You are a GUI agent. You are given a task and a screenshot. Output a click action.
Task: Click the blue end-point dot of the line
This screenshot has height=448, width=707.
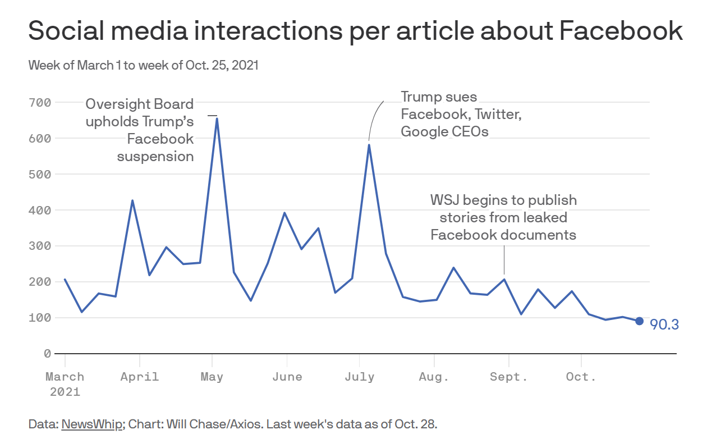click(639, 321)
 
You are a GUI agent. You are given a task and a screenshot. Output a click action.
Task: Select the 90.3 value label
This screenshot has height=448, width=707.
click(664, 324)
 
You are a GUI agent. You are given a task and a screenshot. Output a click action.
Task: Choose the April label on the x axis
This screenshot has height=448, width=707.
click(140, 376)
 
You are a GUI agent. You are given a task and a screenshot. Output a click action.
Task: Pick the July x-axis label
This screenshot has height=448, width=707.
click(360, 376)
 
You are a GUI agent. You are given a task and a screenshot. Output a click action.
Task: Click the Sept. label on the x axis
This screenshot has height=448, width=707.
click(508, 376)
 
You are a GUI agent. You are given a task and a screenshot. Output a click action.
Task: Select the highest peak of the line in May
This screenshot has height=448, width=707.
click(217, 118)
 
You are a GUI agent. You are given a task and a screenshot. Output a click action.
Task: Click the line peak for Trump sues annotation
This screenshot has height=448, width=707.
click(369, 145)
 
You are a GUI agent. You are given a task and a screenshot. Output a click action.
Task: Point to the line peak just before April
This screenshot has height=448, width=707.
click(132, 200)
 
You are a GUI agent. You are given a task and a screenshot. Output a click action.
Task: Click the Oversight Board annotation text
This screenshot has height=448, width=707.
click(140, 130)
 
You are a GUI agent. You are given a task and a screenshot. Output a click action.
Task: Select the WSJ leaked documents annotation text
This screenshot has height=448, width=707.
click(503, 217)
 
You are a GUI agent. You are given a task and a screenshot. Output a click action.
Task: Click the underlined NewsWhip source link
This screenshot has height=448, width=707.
click(91, 424)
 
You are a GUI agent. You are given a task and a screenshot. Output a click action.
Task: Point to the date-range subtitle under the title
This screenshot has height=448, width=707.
click(143, 65)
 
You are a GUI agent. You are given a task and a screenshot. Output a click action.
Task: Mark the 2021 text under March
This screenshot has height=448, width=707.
click(65, 391)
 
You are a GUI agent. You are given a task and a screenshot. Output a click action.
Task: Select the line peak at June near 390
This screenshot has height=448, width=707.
click(284, 213)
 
